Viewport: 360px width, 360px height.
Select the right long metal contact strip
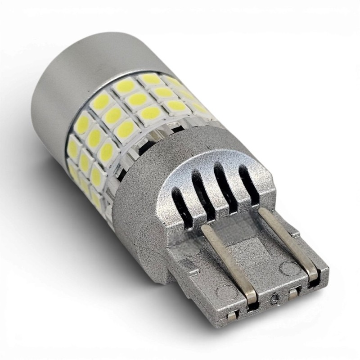(288, 245)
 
